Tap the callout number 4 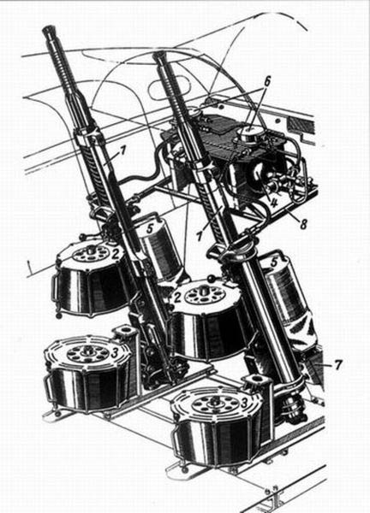[274, 202]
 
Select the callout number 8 [303, 224]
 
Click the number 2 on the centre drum [178, 298]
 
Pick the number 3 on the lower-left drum [115, 354]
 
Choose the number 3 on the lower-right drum [244, 403]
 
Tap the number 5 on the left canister [150, 228]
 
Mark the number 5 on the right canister [274, 262]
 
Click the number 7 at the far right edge [338, 364]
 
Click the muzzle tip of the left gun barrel [50, 29]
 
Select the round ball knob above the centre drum [212, 280]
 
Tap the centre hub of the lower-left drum [88, 351]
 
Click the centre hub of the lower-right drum [214, 401]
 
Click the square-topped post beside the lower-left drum [126, 333]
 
